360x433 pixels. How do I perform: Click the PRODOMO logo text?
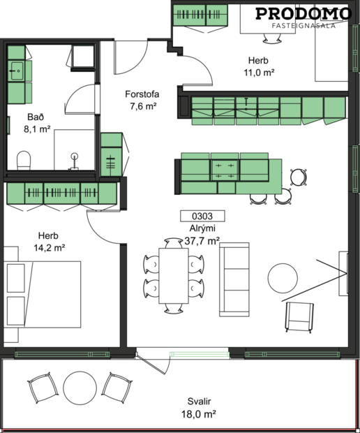pyautogui.click(x=304, y=13)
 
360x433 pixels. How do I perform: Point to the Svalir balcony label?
pyautogui.click(x=200, y=402)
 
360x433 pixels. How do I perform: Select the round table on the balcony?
pyautogui.click(x=79, y=386)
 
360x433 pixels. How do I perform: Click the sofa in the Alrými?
pyautogui.click(x=234, y=279)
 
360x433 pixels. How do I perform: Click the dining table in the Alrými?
pyautogui.click(x=173, y=276)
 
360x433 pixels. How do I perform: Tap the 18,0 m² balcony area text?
pyautogui.click(x=200, y=414)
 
